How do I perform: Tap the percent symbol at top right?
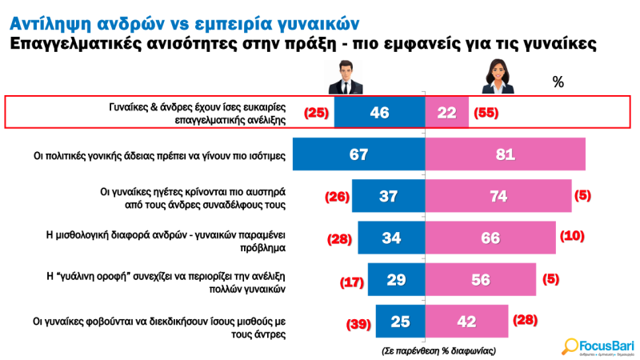click(x=558, y=82)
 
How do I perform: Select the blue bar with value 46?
click(x=378, y=113)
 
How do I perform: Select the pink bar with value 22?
click(x=446, y=113)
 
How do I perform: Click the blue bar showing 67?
click(x=358, y=154)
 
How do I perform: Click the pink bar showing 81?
click(x=504, y=154)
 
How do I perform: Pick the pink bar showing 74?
click(x=498, y=196)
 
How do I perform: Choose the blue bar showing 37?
click(x=387, y=196)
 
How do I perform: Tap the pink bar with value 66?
click(x=490, y=238)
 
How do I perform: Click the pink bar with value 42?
click(x=466, y=321)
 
